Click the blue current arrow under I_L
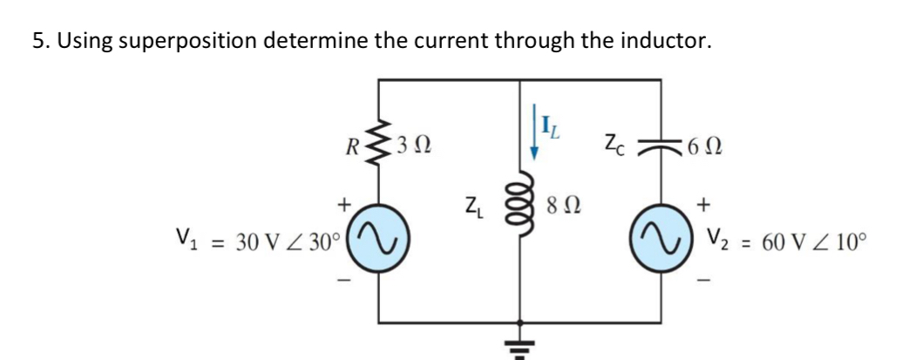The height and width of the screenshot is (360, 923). (x=535, y=143)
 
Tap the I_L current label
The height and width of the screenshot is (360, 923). (x=553, y=132)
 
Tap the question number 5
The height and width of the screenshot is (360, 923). (x=38, y=41)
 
